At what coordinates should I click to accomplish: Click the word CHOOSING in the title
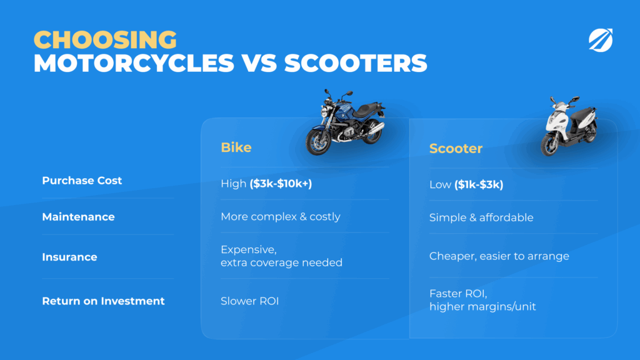(x=105, y=39)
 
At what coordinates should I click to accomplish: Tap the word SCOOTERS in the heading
(x=356, y=63)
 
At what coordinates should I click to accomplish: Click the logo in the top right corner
(x=601, y=40)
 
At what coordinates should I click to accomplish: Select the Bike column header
(x=236, y=147)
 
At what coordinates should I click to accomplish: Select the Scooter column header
(x=456, y=149)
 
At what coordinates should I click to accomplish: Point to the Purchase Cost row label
(x=82, y=181)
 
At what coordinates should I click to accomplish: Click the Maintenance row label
(x=78, y=217)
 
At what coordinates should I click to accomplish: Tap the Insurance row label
(x=70, y=257)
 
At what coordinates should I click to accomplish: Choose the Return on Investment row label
(x=103, y=301)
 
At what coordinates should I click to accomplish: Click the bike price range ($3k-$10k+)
(x=281, y=184)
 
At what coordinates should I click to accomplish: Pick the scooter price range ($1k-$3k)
(x=479, y=184)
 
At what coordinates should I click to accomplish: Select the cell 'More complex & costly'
(x=281, y=216)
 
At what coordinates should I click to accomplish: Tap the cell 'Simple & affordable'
(x=481, y=217)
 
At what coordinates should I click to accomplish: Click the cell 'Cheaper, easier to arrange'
(x=499, y=256)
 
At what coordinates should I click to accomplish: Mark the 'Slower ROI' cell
(x=250, y=301)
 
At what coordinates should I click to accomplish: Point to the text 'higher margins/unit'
(x=482, y=306)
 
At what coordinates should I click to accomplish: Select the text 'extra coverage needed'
(x=282, y=262)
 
